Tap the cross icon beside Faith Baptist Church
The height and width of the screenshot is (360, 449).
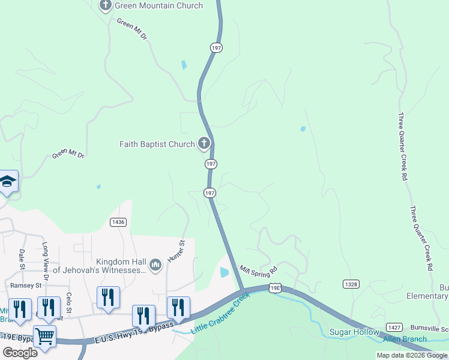204,143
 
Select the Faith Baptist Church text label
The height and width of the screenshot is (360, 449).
157,144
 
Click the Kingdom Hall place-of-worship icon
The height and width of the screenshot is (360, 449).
155,265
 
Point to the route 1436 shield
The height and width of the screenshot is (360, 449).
118,222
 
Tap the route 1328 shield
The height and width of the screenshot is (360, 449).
351,283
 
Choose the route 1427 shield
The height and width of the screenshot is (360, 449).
394,327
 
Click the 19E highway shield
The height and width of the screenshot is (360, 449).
275,289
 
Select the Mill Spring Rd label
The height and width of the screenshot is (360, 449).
259,269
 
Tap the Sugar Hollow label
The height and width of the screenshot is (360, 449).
354,332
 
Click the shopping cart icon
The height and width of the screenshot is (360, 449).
45,337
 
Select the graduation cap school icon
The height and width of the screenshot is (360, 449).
8,181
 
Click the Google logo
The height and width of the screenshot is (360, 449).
20,352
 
